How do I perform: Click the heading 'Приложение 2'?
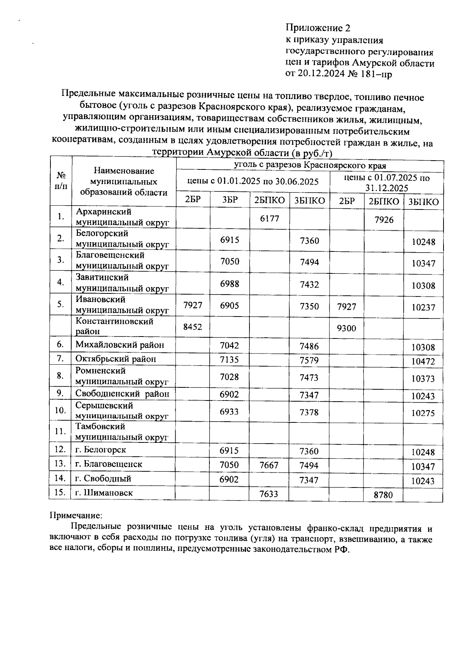point(318,28)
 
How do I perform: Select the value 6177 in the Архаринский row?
point(269,218)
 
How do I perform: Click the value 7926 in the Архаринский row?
point(384,220)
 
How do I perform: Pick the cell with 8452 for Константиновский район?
point(192,327)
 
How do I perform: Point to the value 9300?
point(346,328)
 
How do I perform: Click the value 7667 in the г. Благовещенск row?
point(269,465)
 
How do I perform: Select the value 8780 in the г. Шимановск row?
point(383,495)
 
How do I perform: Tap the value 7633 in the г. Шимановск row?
point(269,494)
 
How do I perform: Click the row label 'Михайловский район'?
point(120,345)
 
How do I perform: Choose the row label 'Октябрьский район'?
point(116,359)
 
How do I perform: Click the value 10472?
point(423,361)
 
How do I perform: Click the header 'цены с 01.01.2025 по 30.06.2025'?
point(253,181)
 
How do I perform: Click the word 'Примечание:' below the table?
point(76,514)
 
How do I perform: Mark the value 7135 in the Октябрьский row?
point(229,360)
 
